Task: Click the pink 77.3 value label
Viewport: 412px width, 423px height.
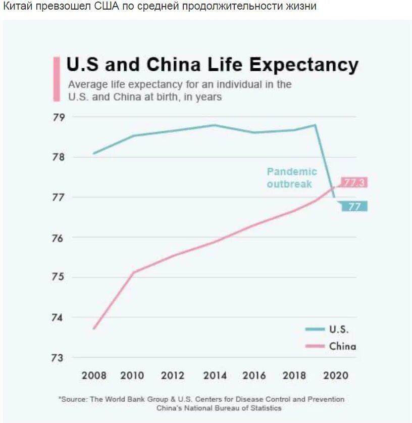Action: [354, 182]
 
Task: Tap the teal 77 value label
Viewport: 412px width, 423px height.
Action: [354, 206]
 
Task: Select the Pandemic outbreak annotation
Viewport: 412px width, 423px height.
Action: [291, 178]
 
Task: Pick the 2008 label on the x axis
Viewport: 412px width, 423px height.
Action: [94, 375]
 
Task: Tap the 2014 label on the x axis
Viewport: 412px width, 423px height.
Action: [214, 375]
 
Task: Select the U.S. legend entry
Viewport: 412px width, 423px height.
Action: [338, 330]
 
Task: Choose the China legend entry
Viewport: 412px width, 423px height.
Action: [342, 346]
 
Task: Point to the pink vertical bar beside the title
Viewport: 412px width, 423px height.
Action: [57, 79]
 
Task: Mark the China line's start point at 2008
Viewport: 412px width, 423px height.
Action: [94, 329]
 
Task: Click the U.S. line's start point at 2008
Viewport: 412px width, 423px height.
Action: [94, 153]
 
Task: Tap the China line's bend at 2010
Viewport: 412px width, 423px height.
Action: [134, 272]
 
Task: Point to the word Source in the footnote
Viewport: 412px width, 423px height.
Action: [75, 399]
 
